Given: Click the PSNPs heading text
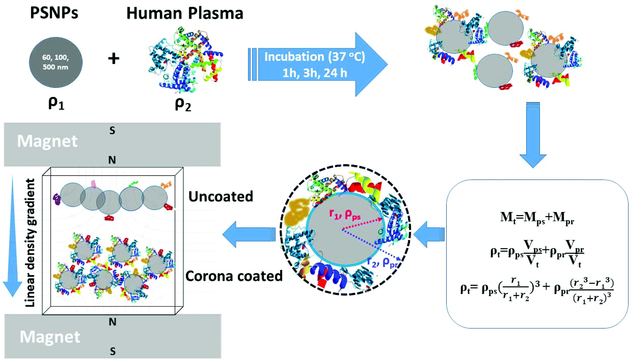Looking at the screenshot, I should pos(54,13).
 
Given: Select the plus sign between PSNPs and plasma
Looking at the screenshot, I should pos(114,59).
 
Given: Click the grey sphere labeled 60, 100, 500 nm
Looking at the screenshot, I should pos(56,62).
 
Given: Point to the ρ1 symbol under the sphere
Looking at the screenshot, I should pos(56,103).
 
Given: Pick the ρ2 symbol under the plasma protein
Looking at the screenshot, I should pos(183,104).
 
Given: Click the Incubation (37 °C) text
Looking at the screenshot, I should pos(314,57).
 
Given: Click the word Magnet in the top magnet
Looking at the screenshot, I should pos(47,142).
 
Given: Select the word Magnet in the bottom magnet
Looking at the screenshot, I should pos(50,337).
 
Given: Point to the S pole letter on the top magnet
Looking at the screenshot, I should pos(112,131).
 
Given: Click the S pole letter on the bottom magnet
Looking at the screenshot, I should pos(112,351).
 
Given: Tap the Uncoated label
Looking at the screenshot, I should pos(221,197).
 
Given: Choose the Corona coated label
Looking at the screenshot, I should pos(234,276).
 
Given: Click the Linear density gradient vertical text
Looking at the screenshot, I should pos(30,243).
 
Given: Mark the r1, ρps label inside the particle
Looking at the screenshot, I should pos(345,215).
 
